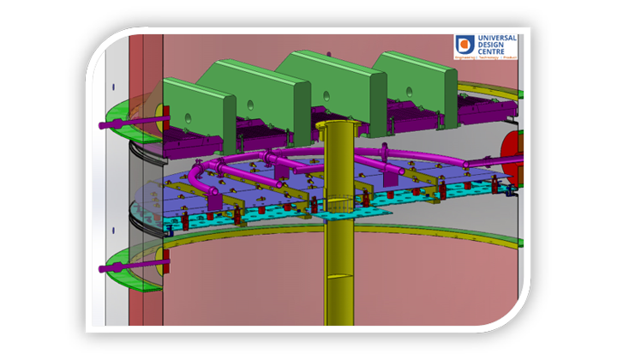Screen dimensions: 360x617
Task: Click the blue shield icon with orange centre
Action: click(464, 45)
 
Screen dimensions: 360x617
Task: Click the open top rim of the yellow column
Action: click(337, 125)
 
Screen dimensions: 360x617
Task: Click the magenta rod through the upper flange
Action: click(120, 127)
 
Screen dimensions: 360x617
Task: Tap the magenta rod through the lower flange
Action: click(120, 268)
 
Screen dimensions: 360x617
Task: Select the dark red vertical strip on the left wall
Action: click(136, 197)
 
